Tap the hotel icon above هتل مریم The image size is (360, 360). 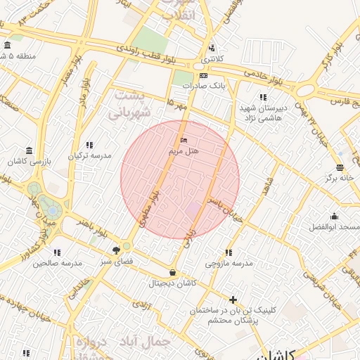pos(184,141)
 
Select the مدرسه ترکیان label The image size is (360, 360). pos(90,155)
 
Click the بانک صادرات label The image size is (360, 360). pos(202,86)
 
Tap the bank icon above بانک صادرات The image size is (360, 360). pos(203,75)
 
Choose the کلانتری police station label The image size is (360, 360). pos(212,59)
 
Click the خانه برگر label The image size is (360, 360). pos(340,179)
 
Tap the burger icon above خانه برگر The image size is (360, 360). pos(340,167)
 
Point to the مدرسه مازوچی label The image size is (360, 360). pos(229,263)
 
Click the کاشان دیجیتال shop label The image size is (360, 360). pos(173,283)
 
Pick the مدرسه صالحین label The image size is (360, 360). pos(57,262)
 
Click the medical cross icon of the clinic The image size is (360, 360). pos(233,300)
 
